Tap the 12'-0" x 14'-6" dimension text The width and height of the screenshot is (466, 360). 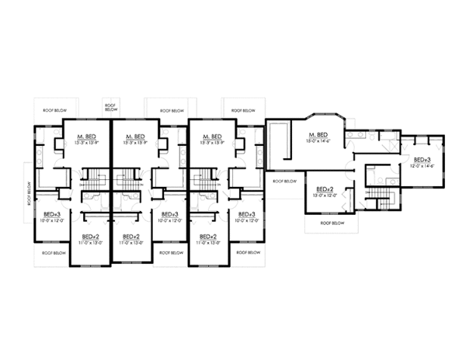coord(413,165)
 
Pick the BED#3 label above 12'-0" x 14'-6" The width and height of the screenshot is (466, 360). coord(413,158)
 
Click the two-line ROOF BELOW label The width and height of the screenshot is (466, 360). coord(110,108)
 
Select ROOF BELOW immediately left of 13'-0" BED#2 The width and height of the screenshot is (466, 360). coord(284,182)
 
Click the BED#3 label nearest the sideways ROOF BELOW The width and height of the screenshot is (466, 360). coord(51,213)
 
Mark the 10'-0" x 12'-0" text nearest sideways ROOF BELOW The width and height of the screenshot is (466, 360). coord(51,220)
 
